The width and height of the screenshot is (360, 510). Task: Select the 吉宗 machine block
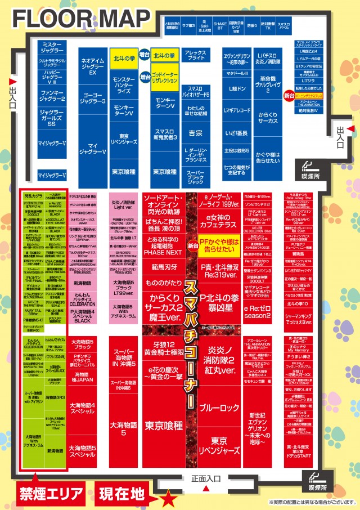coord(195,133)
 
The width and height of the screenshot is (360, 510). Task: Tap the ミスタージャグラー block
coord(52,47)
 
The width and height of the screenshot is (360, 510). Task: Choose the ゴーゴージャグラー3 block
coord(94,97)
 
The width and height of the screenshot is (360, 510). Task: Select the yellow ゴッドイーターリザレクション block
coord(165,78)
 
